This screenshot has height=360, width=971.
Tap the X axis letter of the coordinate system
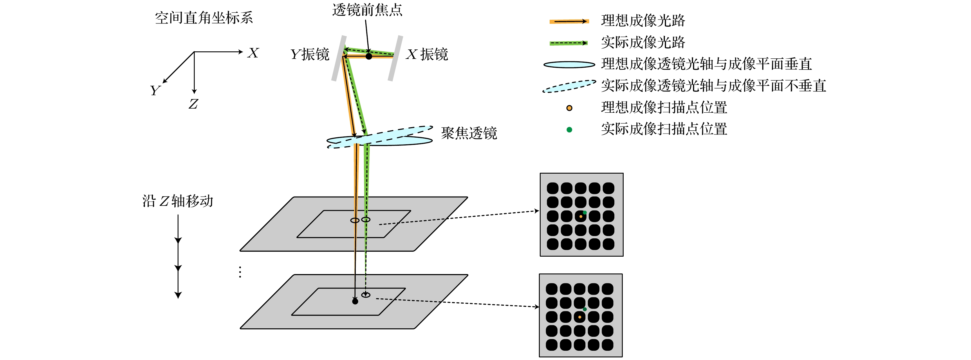click(x=253, y=53)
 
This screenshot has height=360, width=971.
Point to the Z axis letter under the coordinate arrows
click(x=193, y=104)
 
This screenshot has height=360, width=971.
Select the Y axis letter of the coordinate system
click(x=155, y=91)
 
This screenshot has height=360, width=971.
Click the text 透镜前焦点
click(x=367, y=10)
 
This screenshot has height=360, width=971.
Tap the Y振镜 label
click(x=310, y=54)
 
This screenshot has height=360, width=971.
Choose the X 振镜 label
click(x=427, y=54)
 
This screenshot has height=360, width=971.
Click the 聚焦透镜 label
click(x=469, y=133)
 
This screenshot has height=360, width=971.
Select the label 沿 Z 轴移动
click(x=178, y=201)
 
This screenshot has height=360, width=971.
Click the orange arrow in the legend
click(x=569, y=21)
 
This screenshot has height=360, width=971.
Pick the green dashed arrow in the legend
click(x=569, y=43)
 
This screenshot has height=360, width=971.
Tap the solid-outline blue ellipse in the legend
click(x=569, y=65)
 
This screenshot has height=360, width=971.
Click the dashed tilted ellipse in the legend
click(x=569, y=86)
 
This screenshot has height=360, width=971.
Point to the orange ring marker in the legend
click(x=569, y=108)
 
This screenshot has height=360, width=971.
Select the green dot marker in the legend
click(x=569, y=130)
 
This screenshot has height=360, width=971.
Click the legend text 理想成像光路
click(x=643, y=21)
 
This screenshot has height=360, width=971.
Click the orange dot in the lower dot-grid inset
click(x=580, y=317)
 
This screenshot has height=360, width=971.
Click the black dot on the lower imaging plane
click(x=355, y=302)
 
